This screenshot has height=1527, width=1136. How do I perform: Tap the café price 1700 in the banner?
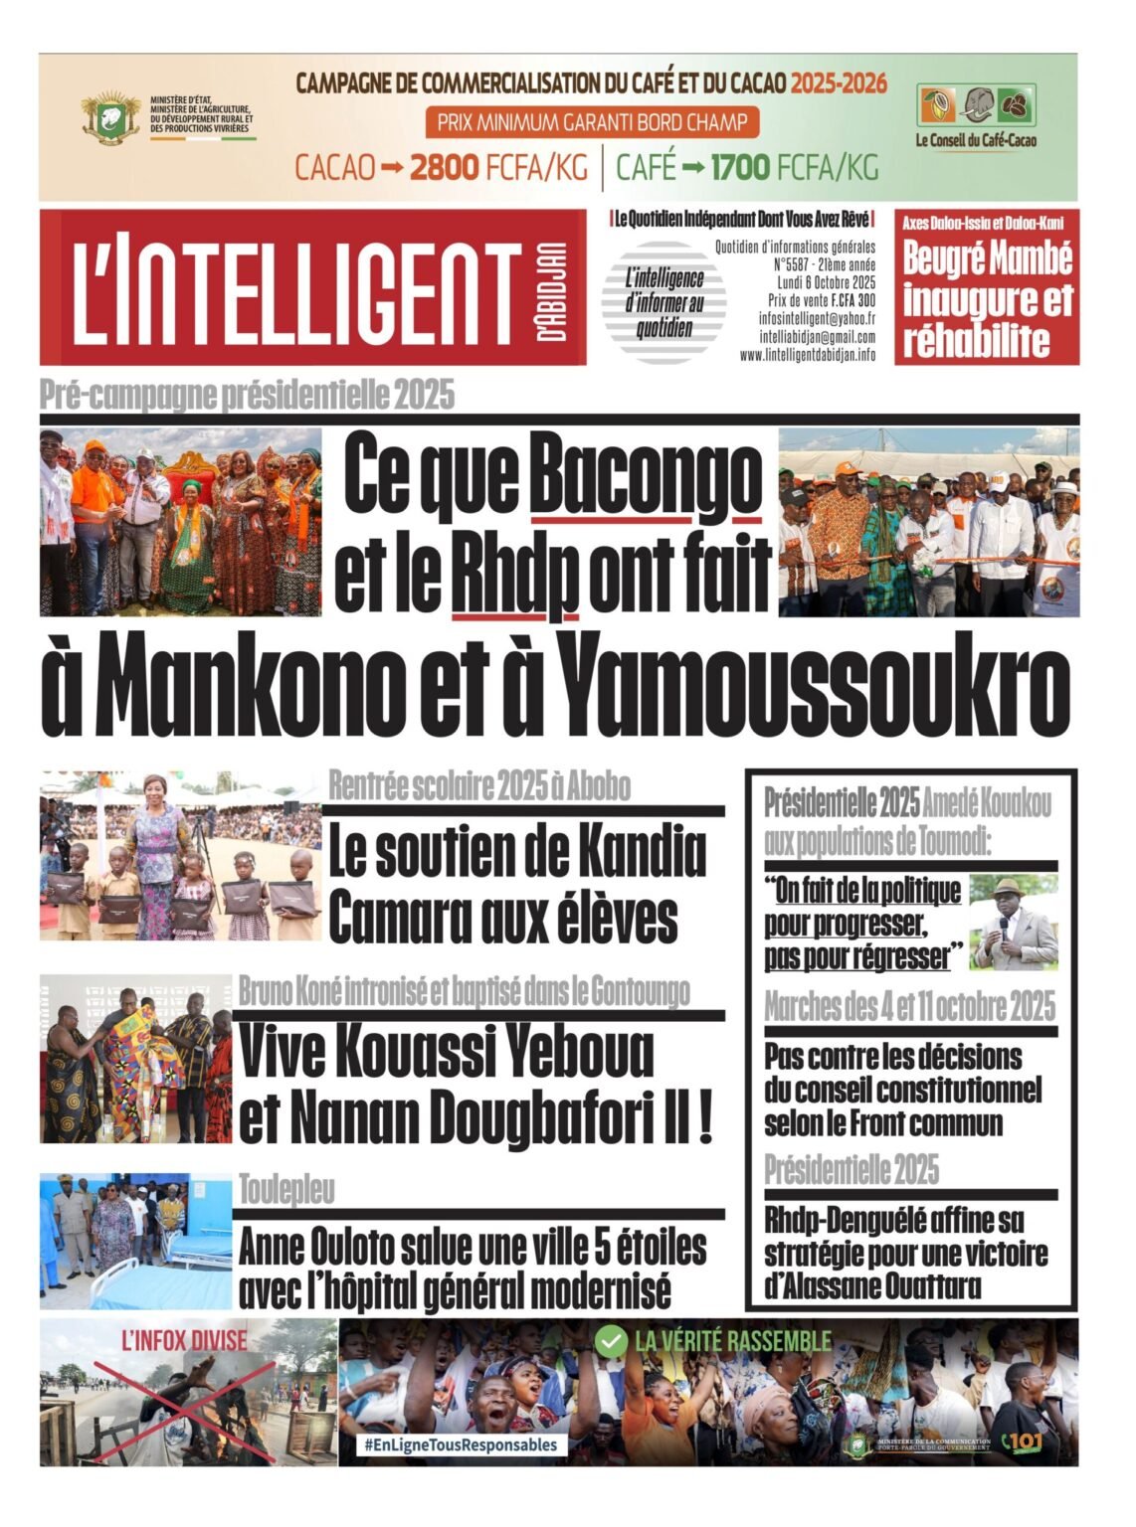(x=740, y=167)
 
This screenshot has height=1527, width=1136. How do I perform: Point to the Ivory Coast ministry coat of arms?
(x=110, y=117)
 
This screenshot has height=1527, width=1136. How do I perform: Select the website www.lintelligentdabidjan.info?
(x=808, y=354)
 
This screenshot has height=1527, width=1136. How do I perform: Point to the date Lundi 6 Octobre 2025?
(x=822, y=282)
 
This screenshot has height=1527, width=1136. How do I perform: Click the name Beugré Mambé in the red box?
(x=987, y=258)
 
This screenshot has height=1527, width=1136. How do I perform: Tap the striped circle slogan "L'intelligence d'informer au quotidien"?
(x=663, y=302)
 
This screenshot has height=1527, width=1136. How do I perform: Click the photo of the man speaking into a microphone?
(x=1014, y=923)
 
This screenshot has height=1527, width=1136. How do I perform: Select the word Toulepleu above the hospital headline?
(x=286, y=1189)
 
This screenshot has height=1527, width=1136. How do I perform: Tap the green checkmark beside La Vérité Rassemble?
(x=609, y=1342)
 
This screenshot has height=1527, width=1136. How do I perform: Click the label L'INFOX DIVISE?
(x=184, y=1340)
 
